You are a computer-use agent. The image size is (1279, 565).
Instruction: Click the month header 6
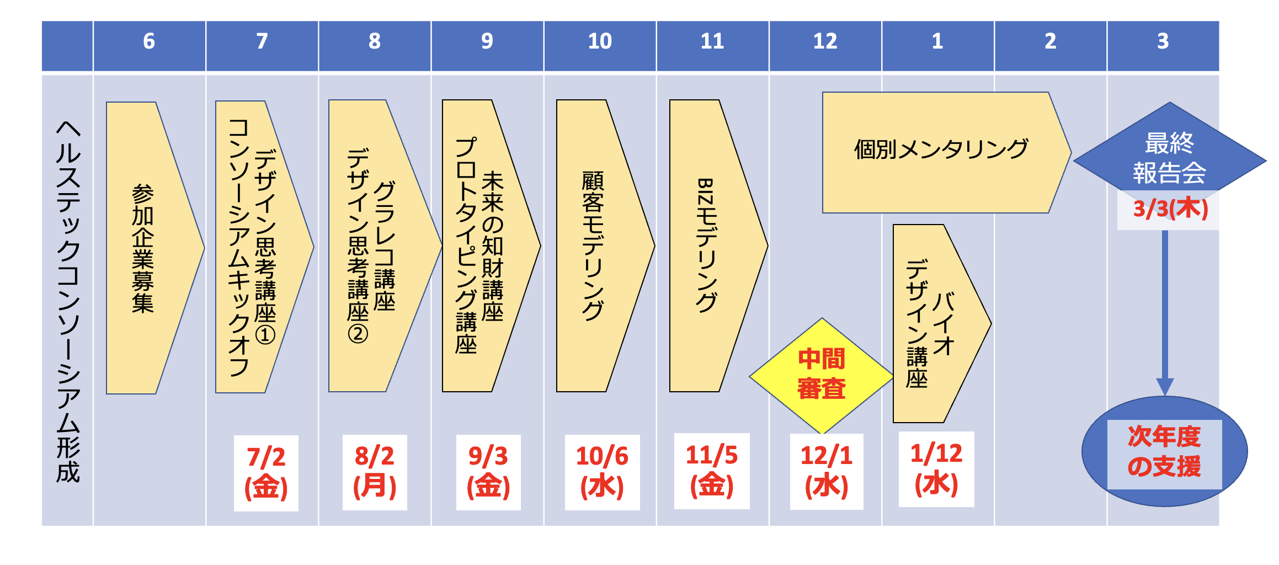pyautogui.click(x=149, y=41)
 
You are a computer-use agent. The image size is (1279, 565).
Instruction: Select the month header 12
pyautogui.click(x=825, y=41)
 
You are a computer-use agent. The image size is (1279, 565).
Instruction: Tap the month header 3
pyautogui.click(x=1163, y=41)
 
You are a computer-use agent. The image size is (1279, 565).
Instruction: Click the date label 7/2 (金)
pyautogui.click(x=266, y=473)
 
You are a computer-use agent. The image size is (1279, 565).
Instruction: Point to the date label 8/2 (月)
pyautogui.click(x=375, y=472)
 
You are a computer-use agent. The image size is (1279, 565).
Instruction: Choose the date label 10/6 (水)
pyautogui.click(x=602, y=472)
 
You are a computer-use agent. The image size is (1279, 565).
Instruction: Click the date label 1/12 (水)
pyautogui.click(x=936, y=470)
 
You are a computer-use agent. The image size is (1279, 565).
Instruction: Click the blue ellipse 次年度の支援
pyautogui.click(x=1164, y=451)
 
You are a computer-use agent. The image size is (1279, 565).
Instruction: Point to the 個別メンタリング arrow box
pyautogui.click(x=941, y=152)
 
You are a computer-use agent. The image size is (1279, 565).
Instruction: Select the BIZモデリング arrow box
pyautogui.click(x=709, y=246)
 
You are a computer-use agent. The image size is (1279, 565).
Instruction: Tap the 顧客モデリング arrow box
pyautogui.click(x=596, y=246)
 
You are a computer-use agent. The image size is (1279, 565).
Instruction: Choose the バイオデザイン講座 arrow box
pyautogui.click(x=932, y=324)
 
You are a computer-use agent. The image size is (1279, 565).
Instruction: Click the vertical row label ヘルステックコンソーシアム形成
pyautogui.click(x=68, y=301)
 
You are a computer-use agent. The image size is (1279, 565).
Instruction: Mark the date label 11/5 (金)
pyautogui.click(x=712, y=471)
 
